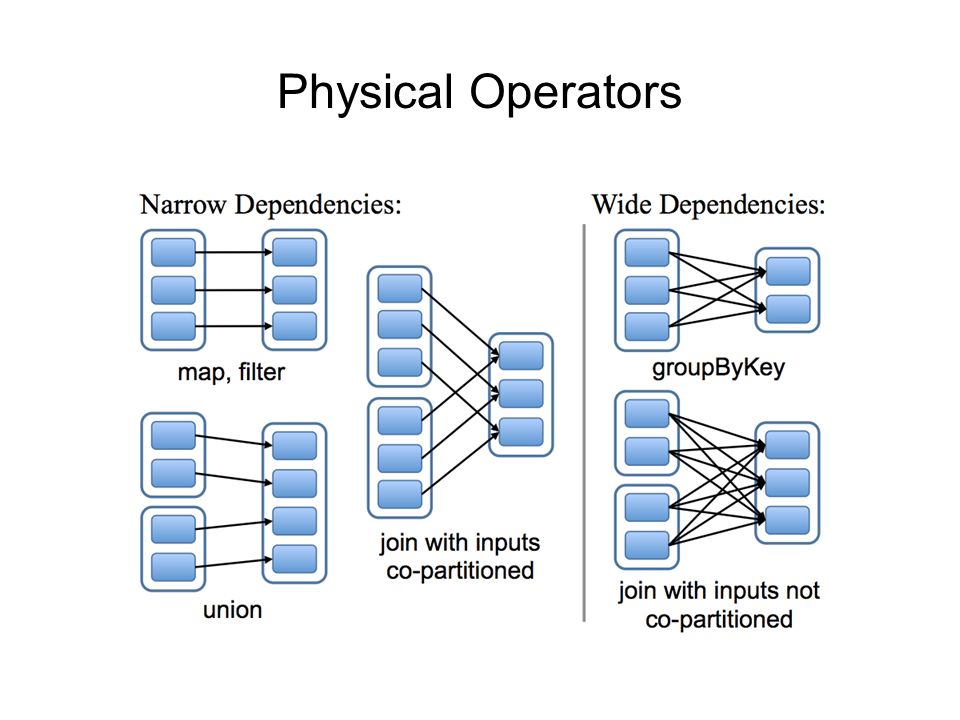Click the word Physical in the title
pyautogui.click(x=365, y=93)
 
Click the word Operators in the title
pyautogui.click(x=576, y=92)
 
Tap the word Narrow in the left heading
pyautogui.click(x=183, y=204)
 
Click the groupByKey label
pyautogui.click(x=718, y=368)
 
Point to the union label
pyautogui.click(x=233, y=610)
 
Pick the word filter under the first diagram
pyautogui.click(x=262, y=372)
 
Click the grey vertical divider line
pyautogui.click(x=584, y=422)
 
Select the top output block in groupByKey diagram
pyautogui.click(x=788, y=271)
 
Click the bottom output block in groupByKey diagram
pyautogui.click(x=788, y=309)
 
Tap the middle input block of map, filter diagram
pyautogui.click(x=173, y=290)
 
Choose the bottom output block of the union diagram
pyautogui.click(x=294, y=559)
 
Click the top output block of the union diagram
pyautogui.click(x=294, y=446)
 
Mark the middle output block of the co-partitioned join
pyautogui.click(x=521, y=394)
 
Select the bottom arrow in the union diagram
pyautogui.click(x=234, y=562)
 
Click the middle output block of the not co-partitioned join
pyautogui.click(x=787, y=482)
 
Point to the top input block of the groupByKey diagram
pyautogui.click(x=647, y=252)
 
